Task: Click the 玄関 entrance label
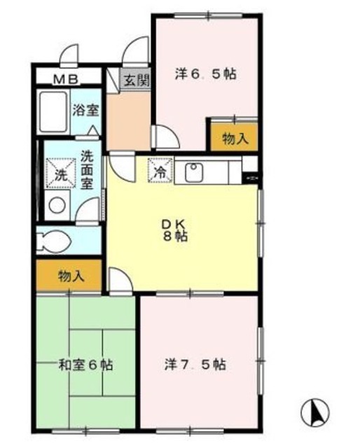137,80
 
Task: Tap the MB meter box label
67,78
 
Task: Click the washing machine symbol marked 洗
58,172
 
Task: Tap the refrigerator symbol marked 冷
159,169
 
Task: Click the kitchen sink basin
193,171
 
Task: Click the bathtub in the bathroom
53,112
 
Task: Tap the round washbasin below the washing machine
57,205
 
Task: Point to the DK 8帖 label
175,230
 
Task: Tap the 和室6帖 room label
86,365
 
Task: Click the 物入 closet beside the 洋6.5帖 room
234,139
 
